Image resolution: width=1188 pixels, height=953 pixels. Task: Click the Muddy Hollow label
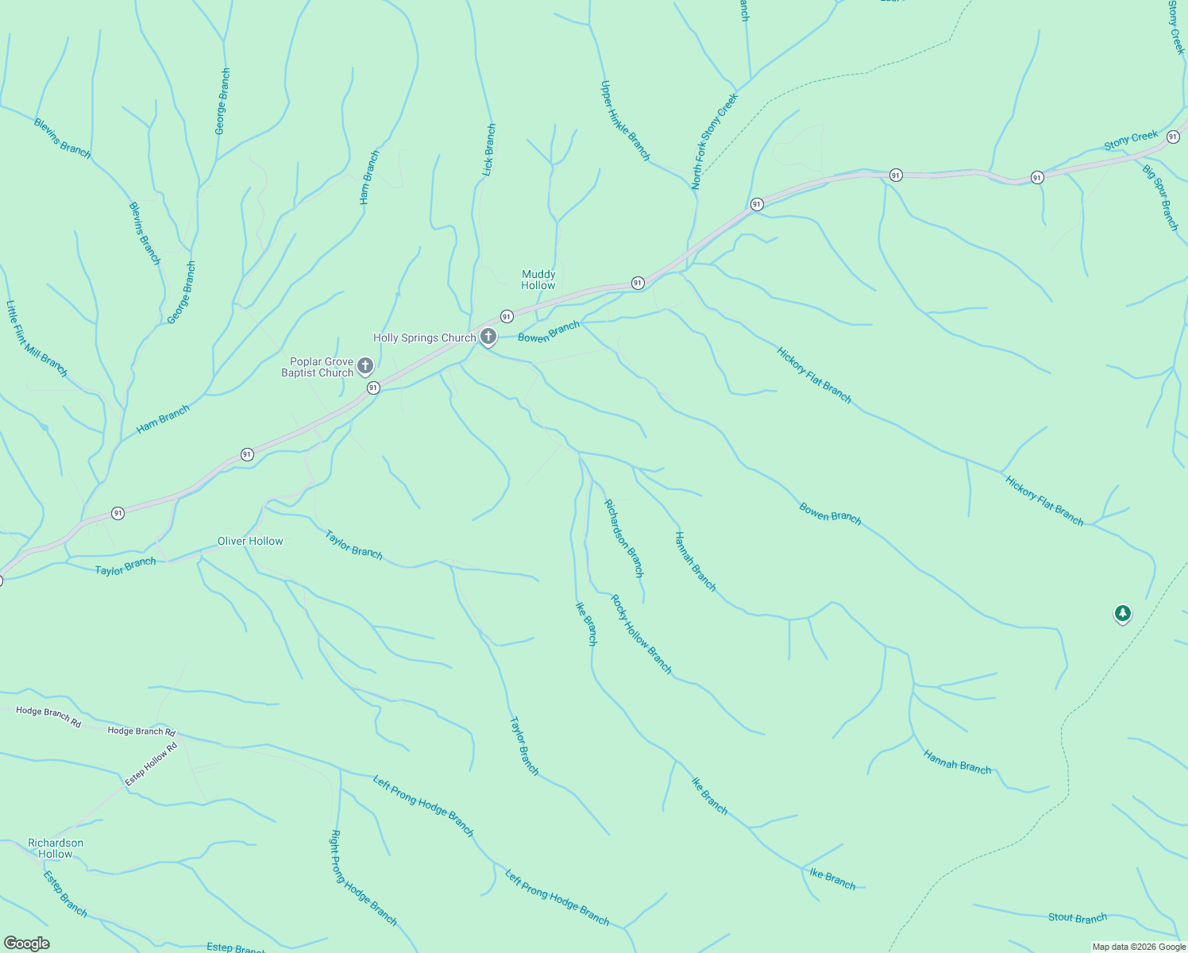pos(538,280)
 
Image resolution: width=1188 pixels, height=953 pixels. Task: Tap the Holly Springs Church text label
pos(424,338)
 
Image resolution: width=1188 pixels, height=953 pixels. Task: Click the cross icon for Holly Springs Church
pos(488,337)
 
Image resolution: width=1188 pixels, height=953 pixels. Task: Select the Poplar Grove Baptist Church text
pos(317,367)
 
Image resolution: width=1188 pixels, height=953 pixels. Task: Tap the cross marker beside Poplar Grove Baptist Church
pos(365,366)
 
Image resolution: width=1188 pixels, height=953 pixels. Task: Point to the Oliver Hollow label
pos(250,541)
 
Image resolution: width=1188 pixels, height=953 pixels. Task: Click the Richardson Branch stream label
pos(623,538)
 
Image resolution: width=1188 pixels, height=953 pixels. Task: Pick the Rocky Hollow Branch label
pos(641,635)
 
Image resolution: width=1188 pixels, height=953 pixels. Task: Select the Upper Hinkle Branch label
pos(625,121)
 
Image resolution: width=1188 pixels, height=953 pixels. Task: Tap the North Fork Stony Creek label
pos(714,141)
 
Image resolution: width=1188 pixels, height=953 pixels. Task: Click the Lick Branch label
pos(489,149)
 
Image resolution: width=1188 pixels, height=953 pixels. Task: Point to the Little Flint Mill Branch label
pos(37,338)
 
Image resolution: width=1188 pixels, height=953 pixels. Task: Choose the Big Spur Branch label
pos(1160,197)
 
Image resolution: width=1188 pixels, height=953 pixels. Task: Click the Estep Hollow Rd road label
pos(151,764)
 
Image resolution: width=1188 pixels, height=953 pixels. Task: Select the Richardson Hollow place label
pos(56,848)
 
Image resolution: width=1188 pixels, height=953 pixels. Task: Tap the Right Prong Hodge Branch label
pos(363,878)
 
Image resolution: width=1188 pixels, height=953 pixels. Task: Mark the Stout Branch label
pos(1077,917)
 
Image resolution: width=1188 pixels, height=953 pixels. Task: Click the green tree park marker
pos(1122,613)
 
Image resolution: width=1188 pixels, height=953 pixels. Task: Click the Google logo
pos(27,943)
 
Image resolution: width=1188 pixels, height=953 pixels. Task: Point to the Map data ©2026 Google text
pos(1138,947)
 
